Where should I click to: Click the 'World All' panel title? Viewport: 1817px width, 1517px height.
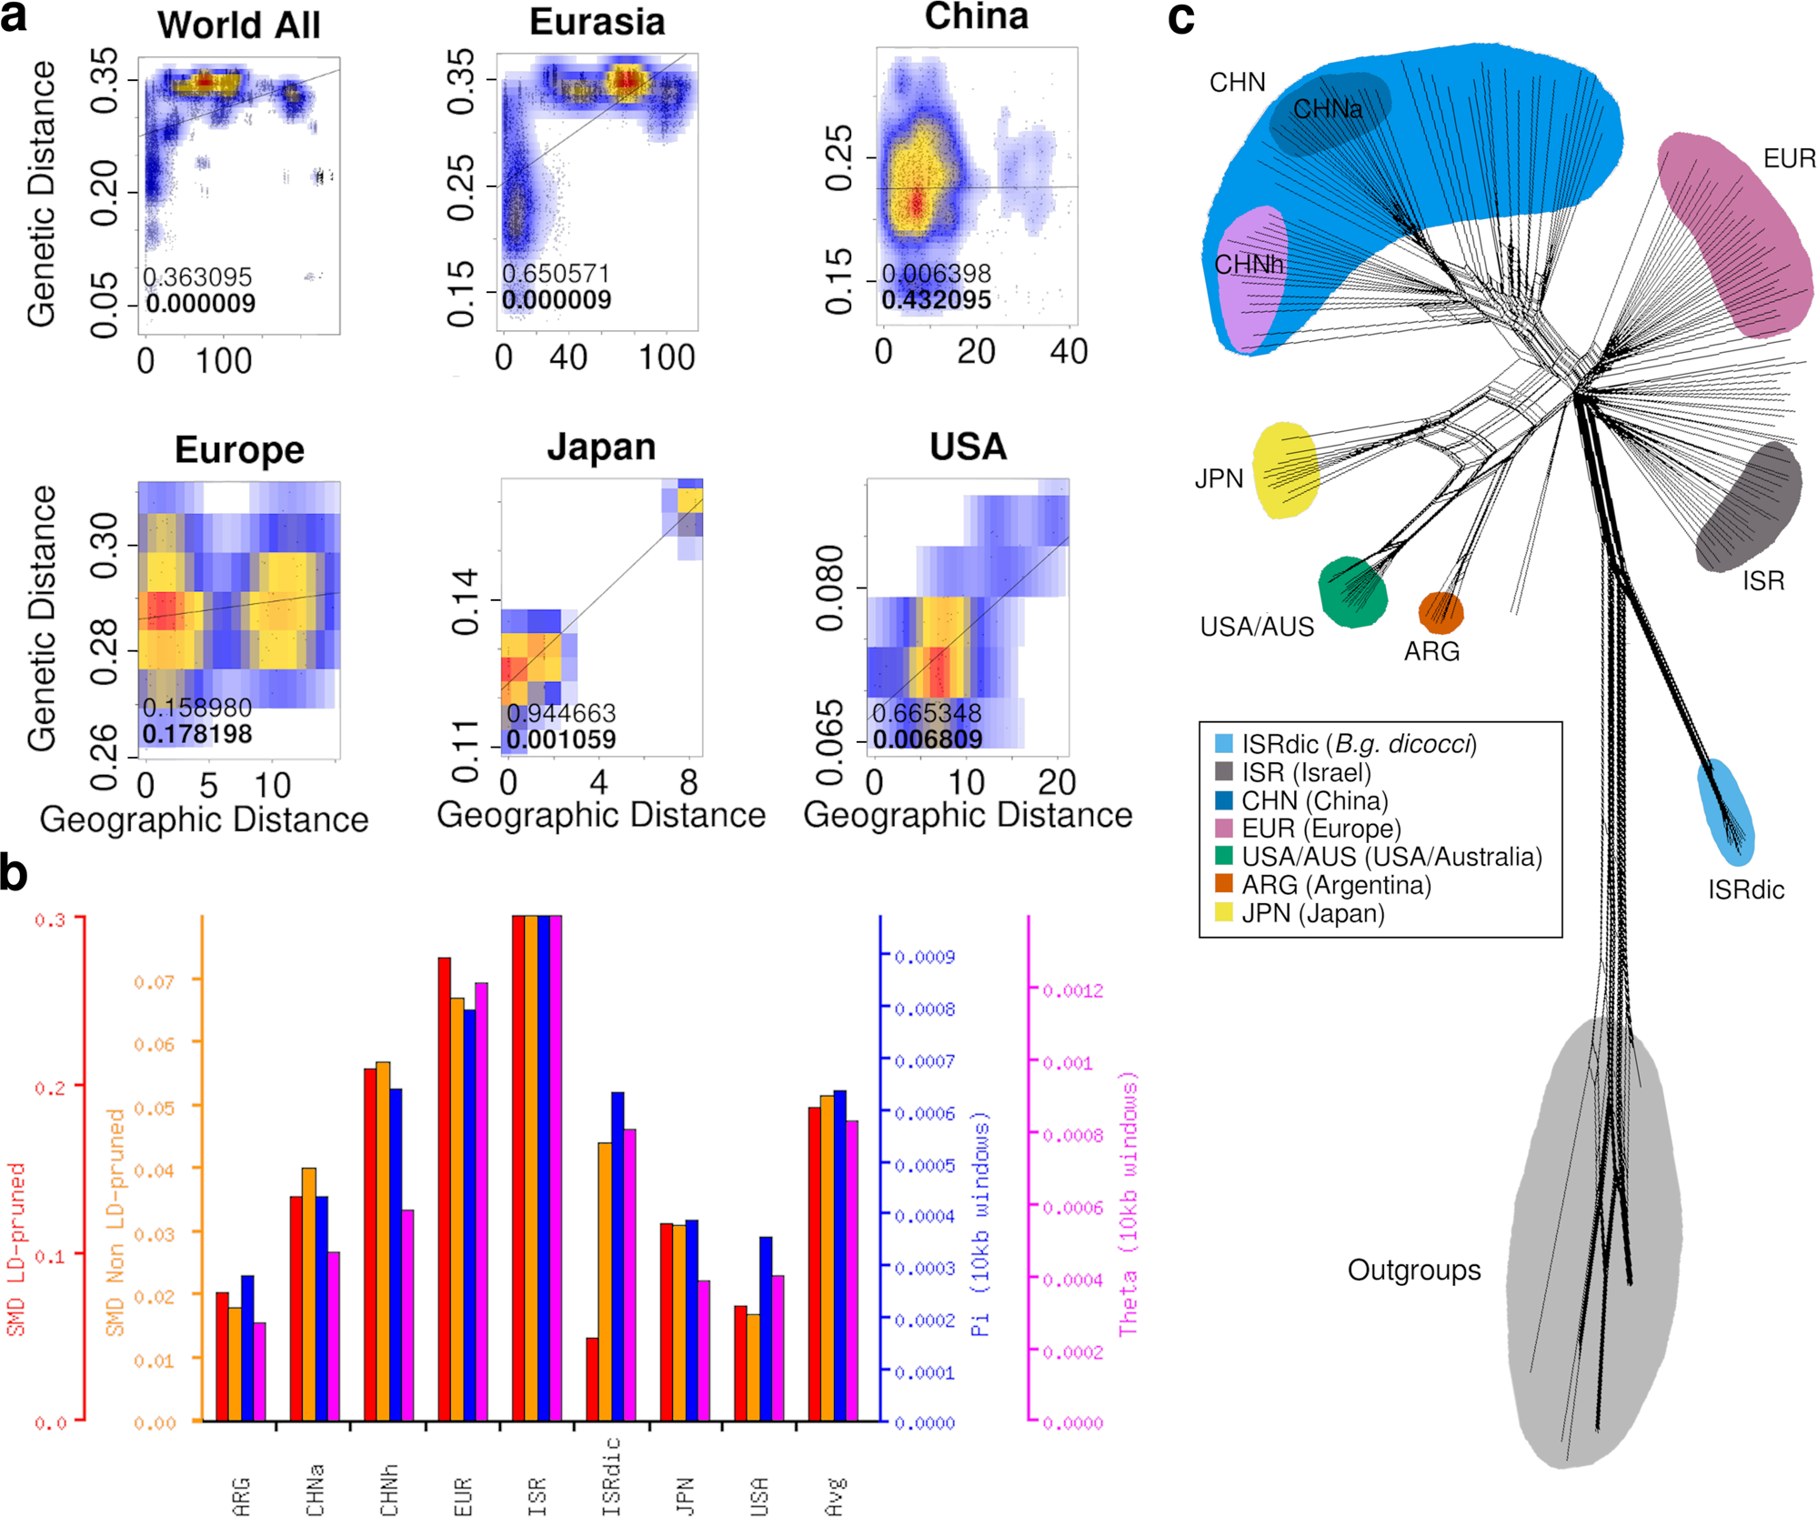point(238,25)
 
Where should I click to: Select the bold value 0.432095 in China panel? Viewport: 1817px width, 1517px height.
point(936,300)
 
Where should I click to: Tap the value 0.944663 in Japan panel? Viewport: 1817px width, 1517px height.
point(561,713)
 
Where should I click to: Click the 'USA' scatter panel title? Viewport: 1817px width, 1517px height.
point(968,447)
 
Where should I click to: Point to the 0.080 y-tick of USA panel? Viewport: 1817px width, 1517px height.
point(830,588)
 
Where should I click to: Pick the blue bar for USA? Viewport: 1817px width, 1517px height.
point(766,1328)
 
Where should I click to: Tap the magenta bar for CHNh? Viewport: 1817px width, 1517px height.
point(407,1314)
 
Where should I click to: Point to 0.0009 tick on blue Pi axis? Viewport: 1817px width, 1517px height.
point(924,957)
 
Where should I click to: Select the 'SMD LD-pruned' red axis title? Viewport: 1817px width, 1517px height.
point(16,1251)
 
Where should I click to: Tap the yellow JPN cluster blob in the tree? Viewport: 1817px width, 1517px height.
point(1284,470)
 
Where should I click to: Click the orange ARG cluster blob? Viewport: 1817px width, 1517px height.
point(1441,613)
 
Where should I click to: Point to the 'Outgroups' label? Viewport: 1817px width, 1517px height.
point(1413,1270)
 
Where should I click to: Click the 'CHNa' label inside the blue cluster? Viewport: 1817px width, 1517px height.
point(1327,110)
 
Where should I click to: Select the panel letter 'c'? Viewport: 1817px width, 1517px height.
point(1180,18)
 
